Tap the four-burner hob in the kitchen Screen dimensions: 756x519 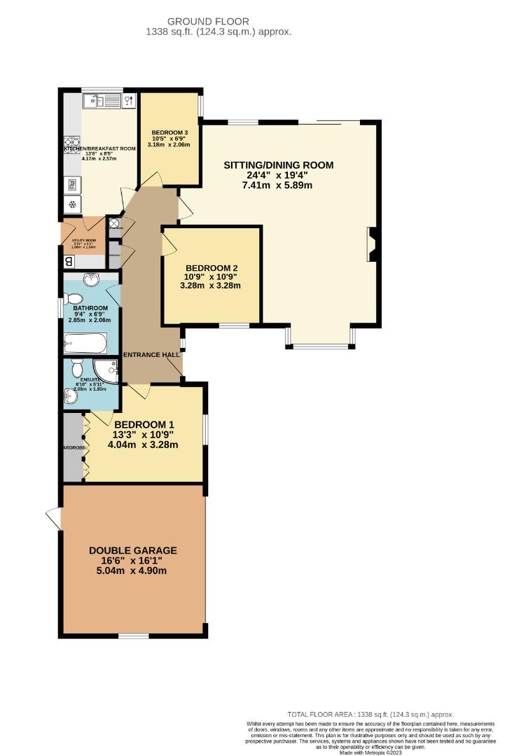click(x=72, y=144)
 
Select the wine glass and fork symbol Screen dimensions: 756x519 click(x=127, y=101)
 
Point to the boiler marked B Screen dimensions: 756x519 click(x=69, y=261)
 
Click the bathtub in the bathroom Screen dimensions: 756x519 click(x=85, y=344)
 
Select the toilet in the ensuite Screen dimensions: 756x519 click(x=77, y=368)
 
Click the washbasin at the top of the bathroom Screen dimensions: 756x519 click(x=91, y=281)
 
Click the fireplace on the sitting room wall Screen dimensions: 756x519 click(x=373, y=244)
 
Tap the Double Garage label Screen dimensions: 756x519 click(x=132, y=550)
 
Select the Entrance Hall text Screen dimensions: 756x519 click(x=152, y=355)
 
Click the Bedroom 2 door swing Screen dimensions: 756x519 click(x=169, y=243)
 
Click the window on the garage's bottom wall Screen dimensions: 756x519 click(x=133, y=636)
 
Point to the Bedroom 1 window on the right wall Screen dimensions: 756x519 click(x=205, y=430)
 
